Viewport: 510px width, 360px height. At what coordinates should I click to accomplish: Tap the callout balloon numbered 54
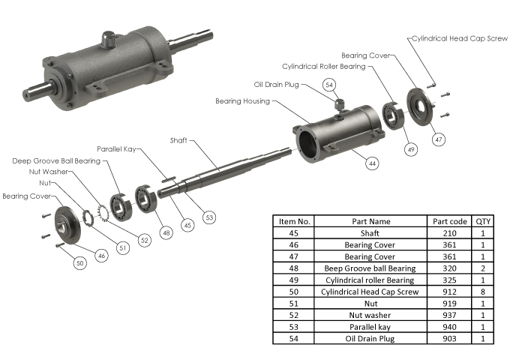click(329, 85)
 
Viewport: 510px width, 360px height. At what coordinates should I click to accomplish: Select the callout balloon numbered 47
click(439, 139)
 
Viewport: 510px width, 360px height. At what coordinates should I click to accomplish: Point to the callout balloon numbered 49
click(410, 149)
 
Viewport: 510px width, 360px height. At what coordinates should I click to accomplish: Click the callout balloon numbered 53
click(209, 217)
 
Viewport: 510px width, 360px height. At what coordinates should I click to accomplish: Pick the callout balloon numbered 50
click(79, 262)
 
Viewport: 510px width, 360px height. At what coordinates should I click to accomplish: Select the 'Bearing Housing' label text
click(242, 100)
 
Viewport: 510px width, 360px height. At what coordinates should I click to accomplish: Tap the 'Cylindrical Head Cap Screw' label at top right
click(460, 38)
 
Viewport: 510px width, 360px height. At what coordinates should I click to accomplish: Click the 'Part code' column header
click(450, 221)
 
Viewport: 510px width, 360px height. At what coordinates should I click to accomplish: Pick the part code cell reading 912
click(450, 291)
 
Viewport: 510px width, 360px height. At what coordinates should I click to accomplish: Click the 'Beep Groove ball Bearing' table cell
click(370, 268)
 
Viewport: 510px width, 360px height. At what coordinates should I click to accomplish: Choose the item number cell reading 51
click(294, 303)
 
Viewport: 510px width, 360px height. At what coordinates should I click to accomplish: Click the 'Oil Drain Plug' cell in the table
click(370, 338)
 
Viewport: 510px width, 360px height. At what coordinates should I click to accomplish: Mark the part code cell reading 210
click(450, 232)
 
